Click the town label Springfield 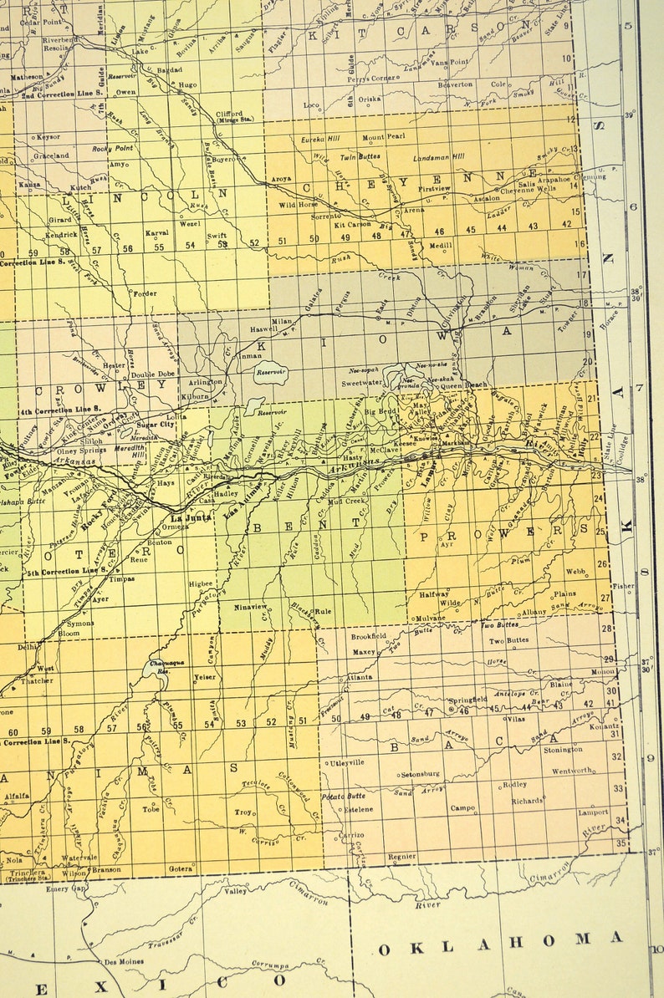(467, 699)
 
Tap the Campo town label (462, 807)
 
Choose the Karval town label (156, 233)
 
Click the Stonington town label (564, 750)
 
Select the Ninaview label (250, 606)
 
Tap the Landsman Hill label (439, 157)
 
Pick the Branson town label (106, 868)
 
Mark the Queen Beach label (464, 385)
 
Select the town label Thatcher (38, 681)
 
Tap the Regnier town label (401, 857)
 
